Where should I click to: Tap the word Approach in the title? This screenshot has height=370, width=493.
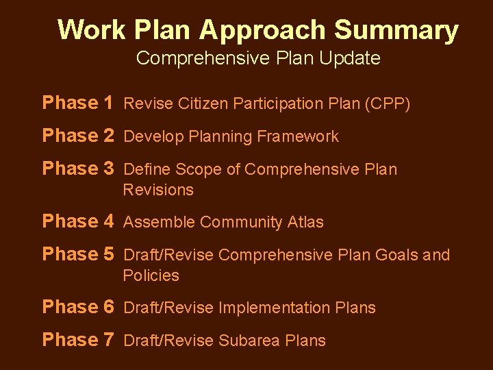[263, 30]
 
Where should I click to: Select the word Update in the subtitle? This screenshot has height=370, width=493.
[354, 58]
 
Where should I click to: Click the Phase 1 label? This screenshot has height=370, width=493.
[77, 103]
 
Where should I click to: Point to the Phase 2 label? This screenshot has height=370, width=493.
[77, 136]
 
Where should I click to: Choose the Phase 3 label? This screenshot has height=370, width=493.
[77, 169]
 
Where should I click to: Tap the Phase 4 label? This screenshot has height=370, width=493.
[77, 221]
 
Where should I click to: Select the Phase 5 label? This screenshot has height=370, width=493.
[77, 254]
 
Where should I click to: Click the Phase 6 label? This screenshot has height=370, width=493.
[77, 307]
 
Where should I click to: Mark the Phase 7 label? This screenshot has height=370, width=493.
[77, 340]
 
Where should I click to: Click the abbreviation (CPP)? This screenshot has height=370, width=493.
[388, 104]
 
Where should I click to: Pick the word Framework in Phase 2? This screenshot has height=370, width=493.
[298, 137]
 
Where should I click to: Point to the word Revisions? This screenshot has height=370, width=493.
[158, 190]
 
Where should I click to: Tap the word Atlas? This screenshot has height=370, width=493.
[305, 223]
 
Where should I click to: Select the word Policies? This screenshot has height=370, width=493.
[151, 275]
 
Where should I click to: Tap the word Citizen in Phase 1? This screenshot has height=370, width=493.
[203, 104]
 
